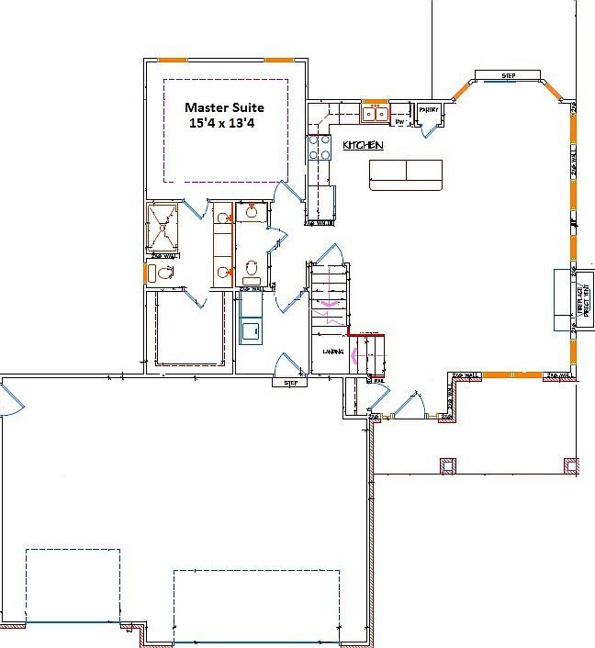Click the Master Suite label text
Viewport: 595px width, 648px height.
pos(224,107)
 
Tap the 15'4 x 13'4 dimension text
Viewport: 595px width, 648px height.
pos(221,122)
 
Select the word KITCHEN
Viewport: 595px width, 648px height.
pos(363,146)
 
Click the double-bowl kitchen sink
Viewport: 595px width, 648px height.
pos(374,114)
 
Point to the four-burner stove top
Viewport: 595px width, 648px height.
pos(320,148)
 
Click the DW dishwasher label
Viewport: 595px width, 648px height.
pos(399,120)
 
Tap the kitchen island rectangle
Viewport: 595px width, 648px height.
pos(406,174)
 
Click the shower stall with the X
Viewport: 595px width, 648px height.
pos(163,226)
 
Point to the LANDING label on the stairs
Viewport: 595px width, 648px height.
pos(332,352)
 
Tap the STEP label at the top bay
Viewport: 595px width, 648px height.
pos(508,74)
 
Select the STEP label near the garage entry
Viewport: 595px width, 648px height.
pos(291,383)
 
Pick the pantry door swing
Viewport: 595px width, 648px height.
pos(430,129)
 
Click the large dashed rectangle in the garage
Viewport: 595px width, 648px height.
pos(255,605)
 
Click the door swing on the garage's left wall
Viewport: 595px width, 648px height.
pos(10,401)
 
